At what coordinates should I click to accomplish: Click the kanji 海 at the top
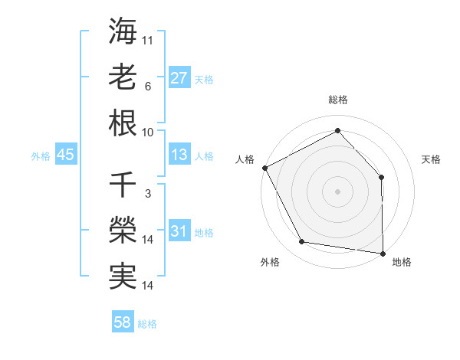pos(123,32)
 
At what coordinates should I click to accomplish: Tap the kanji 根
pos(123,123)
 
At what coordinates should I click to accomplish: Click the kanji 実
pos(123,277)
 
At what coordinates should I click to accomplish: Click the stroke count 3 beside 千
pos(147,193)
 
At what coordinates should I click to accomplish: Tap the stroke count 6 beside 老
pos(147,86)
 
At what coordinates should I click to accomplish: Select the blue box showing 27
pos(179,77)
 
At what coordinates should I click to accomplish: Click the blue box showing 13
pos(179,155)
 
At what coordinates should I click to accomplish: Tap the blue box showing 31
pos(179,231)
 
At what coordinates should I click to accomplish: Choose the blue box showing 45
pos(65,155)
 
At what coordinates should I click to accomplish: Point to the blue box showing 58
pos(123,322)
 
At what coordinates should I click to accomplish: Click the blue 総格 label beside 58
pos(147,324)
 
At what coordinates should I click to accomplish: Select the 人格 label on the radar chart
pos(245,159)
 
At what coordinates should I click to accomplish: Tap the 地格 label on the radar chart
pos(402,262)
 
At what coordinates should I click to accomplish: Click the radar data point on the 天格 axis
pos(381,177)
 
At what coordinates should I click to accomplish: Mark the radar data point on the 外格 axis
pos(302,242)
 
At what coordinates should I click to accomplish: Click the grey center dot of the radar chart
pos(337,191)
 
